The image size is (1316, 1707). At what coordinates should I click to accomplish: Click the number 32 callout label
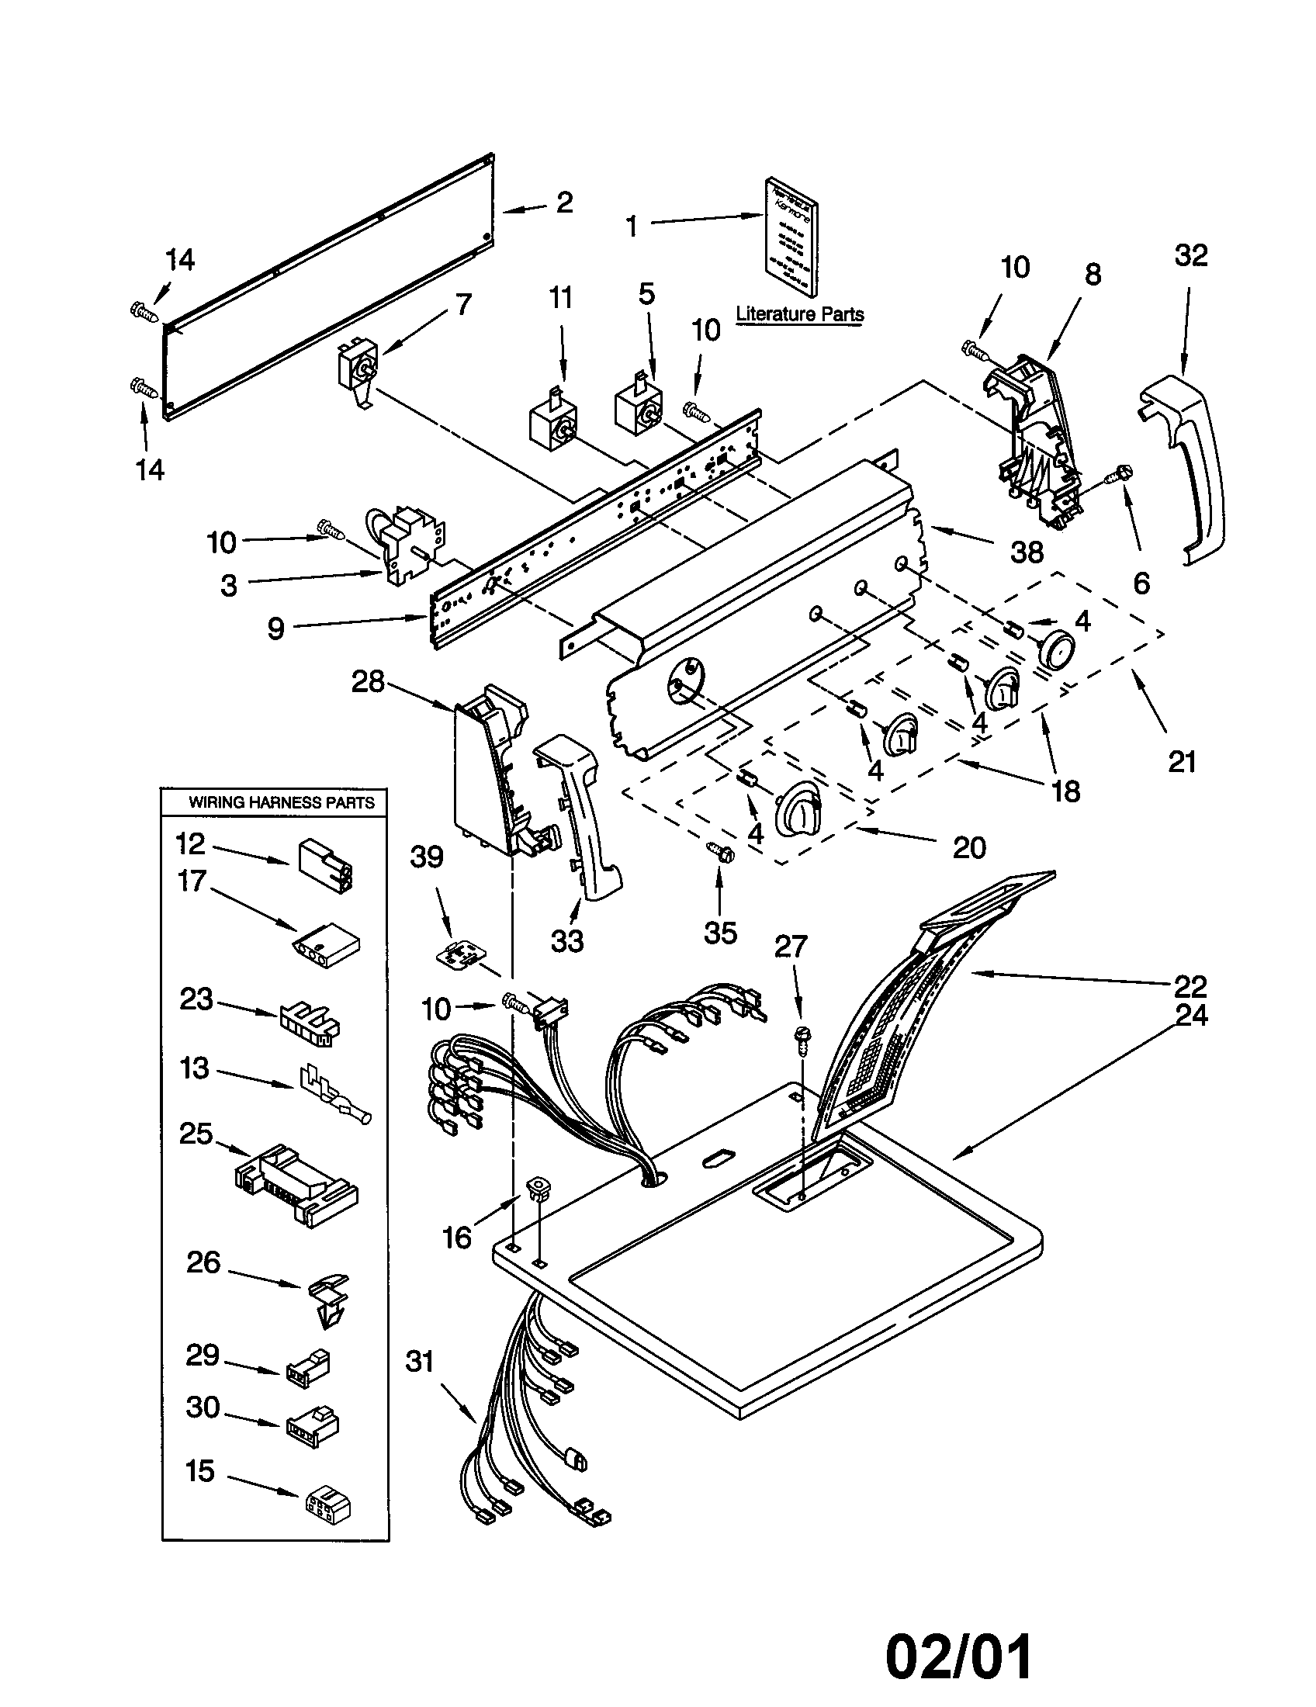coord(1190,255)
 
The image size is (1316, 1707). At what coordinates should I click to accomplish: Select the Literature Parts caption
coord(799,314)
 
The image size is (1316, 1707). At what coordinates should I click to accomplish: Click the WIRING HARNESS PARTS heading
coord(282,803)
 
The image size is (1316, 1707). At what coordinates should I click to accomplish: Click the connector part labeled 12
coord(324,867)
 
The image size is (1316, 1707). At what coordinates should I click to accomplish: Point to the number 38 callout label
coord(1027,552)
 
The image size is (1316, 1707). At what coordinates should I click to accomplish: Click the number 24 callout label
coord(1190,1016)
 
